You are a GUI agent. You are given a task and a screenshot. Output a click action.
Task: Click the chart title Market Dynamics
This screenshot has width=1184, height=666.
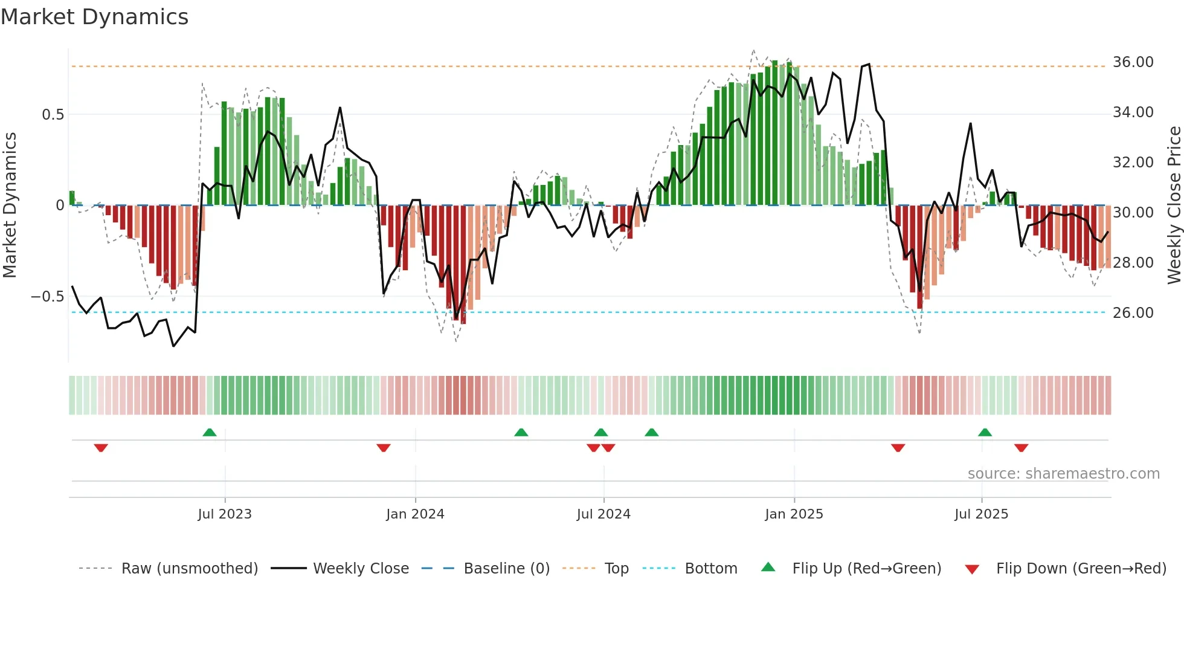point(94,17)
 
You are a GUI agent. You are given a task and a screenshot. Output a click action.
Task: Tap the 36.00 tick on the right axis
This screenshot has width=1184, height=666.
point(1133,62)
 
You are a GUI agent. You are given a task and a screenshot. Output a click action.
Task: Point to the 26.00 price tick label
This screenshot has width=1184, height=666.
point(1133,313)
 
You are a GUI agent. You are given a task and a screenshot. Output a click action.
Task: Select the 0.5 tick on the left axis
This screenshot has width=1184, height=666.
point(53,115)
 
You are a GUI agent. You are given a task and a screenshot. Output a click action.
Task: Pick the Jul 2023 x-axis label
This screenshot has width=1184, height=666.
point(225,514)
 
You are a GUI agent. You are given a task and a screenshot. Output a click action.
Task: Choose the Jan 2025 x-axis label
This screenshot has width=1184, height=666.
point(794,514)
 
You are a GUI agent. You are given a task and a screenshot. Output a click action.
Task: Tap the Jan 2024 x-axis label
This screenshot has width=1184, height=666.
point(415,514)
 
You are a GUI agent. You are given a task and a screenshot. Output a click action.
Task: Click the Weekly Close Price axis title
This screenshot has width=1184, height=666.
point(1174,205)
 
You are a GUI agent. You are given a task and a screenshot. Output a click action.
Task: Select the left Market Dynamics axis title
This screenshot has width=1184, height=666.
point(10,205)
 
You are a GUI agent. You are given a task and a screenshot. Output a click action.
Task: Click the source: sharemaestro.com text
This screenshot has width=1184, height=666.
point(1063,474)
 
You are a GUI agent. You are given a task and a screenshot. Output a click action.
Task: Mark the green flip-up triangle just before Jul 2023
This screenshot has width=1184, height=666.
point(210,432)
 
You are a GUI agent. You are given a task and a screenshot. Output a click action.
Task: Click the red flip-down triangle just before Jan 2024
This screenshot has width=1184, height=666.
point(384,448)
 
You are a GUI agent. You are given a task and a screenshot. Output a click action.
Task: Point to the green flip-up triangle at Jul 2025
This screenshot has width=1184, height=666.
point(985,432)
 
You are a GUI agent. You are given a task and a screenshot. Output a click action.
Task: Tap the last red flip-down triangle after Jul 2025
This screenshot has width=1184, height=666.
point(1022,448)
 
